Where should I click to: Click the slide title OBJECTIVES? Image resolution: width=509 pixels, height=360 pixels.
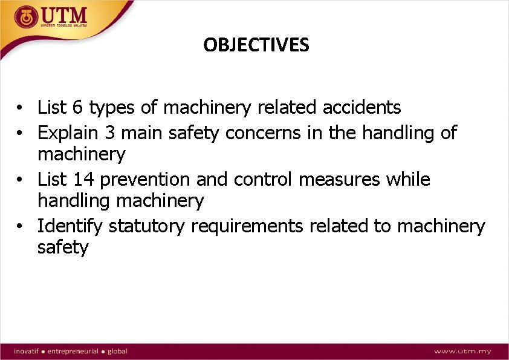pyautogui.click(x=256, y=45)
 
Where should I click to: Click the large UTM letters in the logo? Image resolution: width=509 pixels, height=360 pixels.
pyautogui.click(x=63, y=15)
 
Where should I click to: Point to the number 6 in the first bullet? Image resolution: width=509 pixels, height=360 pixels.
pyautogui.click(x=77, y=108)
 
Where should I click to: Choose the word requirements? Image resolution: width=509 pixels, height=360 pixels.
pyautogui.click(x=247, y=226)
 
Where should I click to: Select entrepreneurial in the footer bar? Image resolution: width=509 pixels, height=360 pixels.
pyautogui.click(x=72, y=351)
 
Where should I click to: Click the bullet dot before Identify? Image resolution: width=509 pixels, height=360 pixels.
pyautogui.click(x=21, y=227)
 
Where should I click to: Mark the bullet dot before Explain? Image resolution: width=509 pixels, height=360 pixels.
pyautogui.click(x=21, y=133)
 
